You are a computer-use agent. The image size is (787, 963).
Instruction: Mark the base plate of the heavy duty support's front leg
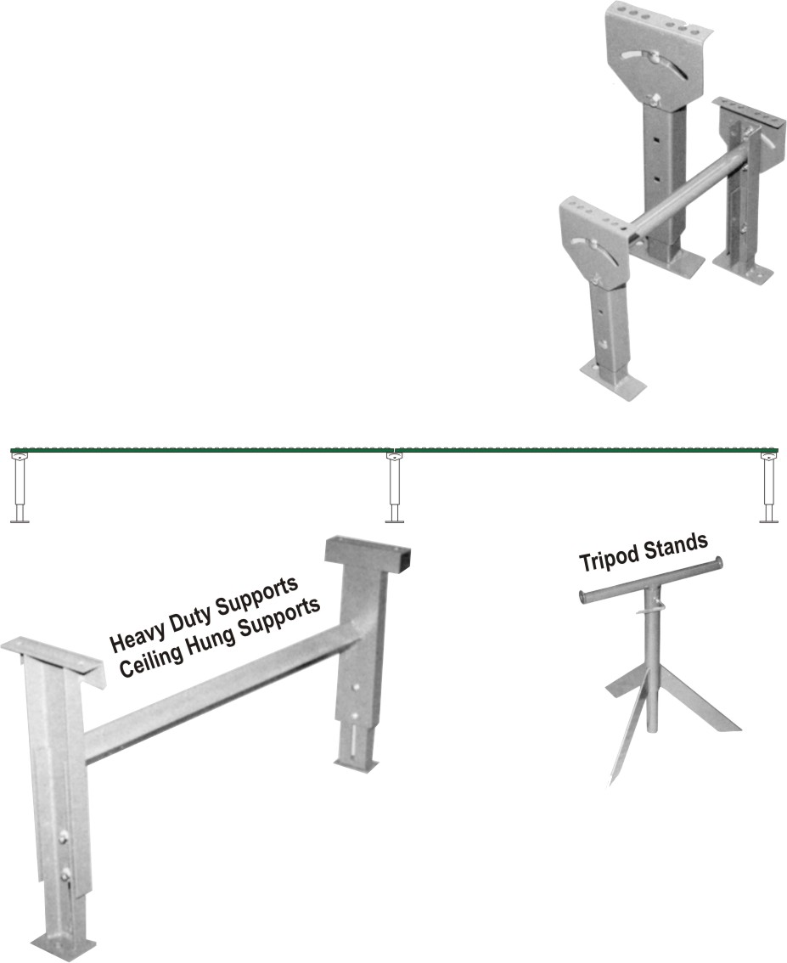(65, 943)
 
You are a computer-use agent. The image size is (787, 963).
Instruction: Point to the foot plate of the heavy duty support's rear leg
(355, 765)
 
